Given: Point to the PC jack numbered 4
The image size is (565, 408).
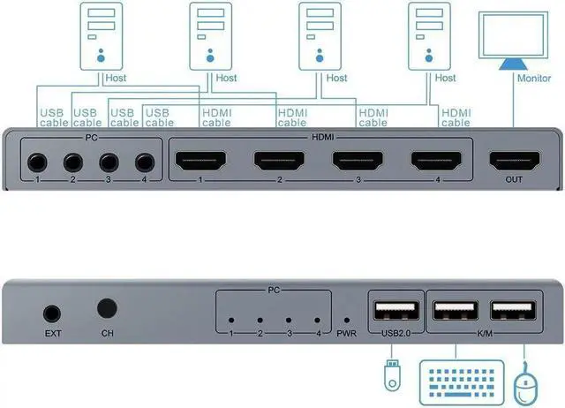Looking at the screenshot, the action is (144, 162).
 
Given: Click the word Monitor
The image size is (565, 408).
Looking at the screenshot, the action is (534, 78).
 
